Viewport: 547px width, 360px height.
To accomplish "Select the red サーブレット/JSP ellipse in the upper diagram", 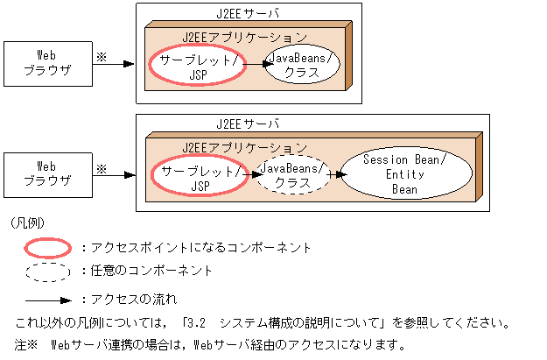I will click(197, 66).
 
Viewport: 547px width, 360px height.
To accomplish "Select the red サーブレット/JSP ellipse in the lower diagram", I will click(197, 176).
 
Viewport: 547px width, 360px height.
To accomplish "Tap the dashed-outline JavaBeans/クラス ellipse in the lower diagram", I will click(290, 176).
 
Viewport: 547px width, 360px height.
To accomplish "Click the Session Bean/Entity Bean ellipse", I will click(403, 174).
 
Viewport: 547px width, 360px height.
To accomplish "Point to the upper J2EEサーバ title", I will click(248, 14).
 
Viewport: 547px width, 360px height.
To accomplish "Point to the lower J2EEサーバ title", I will click(248, 124).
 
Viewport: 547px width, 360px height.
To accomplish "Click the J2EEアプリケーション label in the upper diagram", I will click(244, 37).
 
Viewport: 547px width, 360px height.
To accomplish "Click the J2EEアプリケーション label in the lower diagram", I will click(244, 146).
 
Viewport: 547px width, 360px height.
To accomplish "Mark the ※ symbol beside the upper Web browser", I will click(101, 55).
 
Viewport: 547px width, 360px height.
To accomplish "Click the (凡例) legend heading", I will click(27, 223).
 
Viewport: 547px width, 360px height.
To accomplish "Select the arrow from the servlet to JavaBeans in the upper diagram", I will click(255, 64).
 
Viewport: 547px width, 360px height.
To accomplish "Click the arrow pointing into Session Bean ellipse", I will click(335, 174).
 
